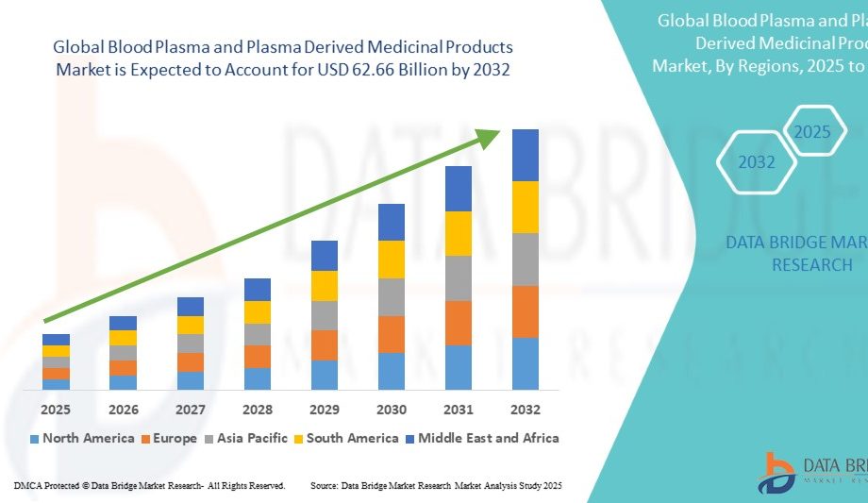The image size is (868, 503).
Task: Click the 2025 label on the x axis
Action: click(56, 410)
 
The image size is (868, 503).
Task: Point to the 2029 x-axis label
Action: click(325, 410)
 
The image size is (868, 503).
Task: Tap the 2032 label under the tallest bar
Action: click(525, 410)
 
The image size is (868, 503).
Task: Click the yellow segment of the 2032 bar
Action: click(525, 207)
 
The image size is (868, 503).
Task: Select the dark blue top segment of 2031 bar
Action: click(459, 188)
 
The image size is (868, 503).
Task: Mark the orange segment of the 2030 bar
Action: click(392, 334)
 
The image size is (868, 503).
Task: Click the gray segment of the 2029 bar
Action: click(325, 315)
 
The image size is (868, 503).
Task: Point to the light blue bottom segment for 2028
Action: click(258, 378)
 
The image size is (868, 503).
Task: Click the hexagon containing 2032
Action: click(757, 162)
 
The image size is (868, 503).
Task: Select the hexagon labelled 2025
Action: click(812, 132)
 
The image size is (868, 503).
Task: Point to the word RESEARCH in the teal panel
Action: click(811, 265)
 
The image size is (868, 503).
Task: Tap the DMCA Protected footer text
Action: click(149, 485)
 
